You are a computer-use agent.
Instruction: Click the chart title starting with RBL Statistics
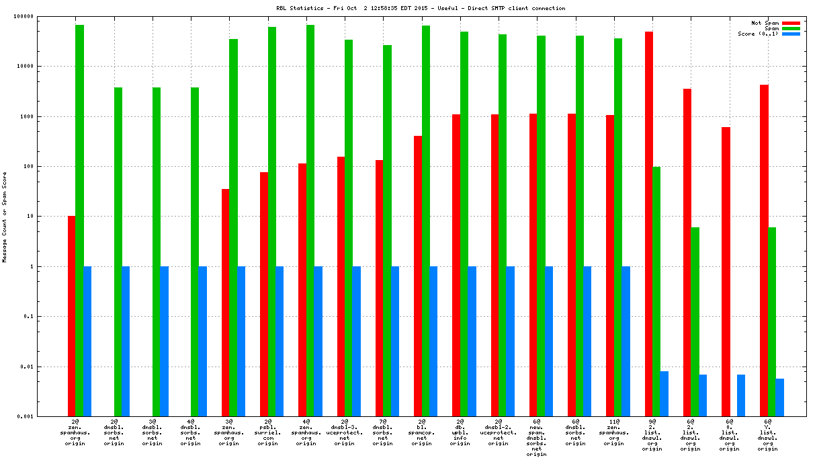click(x=421, y=9)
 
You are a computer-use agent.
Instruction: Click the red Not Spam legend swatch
click(x=791, y=23)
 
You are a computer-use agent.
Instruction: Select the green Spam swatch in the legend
click(x=791, y=28)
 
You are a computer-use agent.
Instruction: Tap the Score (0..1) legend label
click(x=758, y=34)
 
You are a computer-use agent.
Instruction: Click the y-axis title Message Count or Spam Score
click(x=5, y=217)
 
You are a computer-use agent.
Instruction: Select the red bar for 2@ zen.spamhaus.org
click(x=71, y=316)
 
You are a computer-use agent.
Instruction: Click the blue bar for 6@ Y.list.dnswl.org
click(x=779, y=397)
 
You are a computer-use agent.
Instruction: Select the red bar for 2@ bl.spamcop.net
click(x=418, y=276)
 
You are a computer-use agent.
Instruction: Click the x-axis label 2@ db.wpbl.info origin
click(x=460, y=434)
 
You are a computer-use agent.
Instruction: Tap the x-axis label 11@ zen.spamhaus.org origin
click(x=613, y=434)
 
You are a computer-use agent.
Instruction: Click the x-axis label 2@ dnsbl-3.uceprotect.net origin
click(x=345, y=434)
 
